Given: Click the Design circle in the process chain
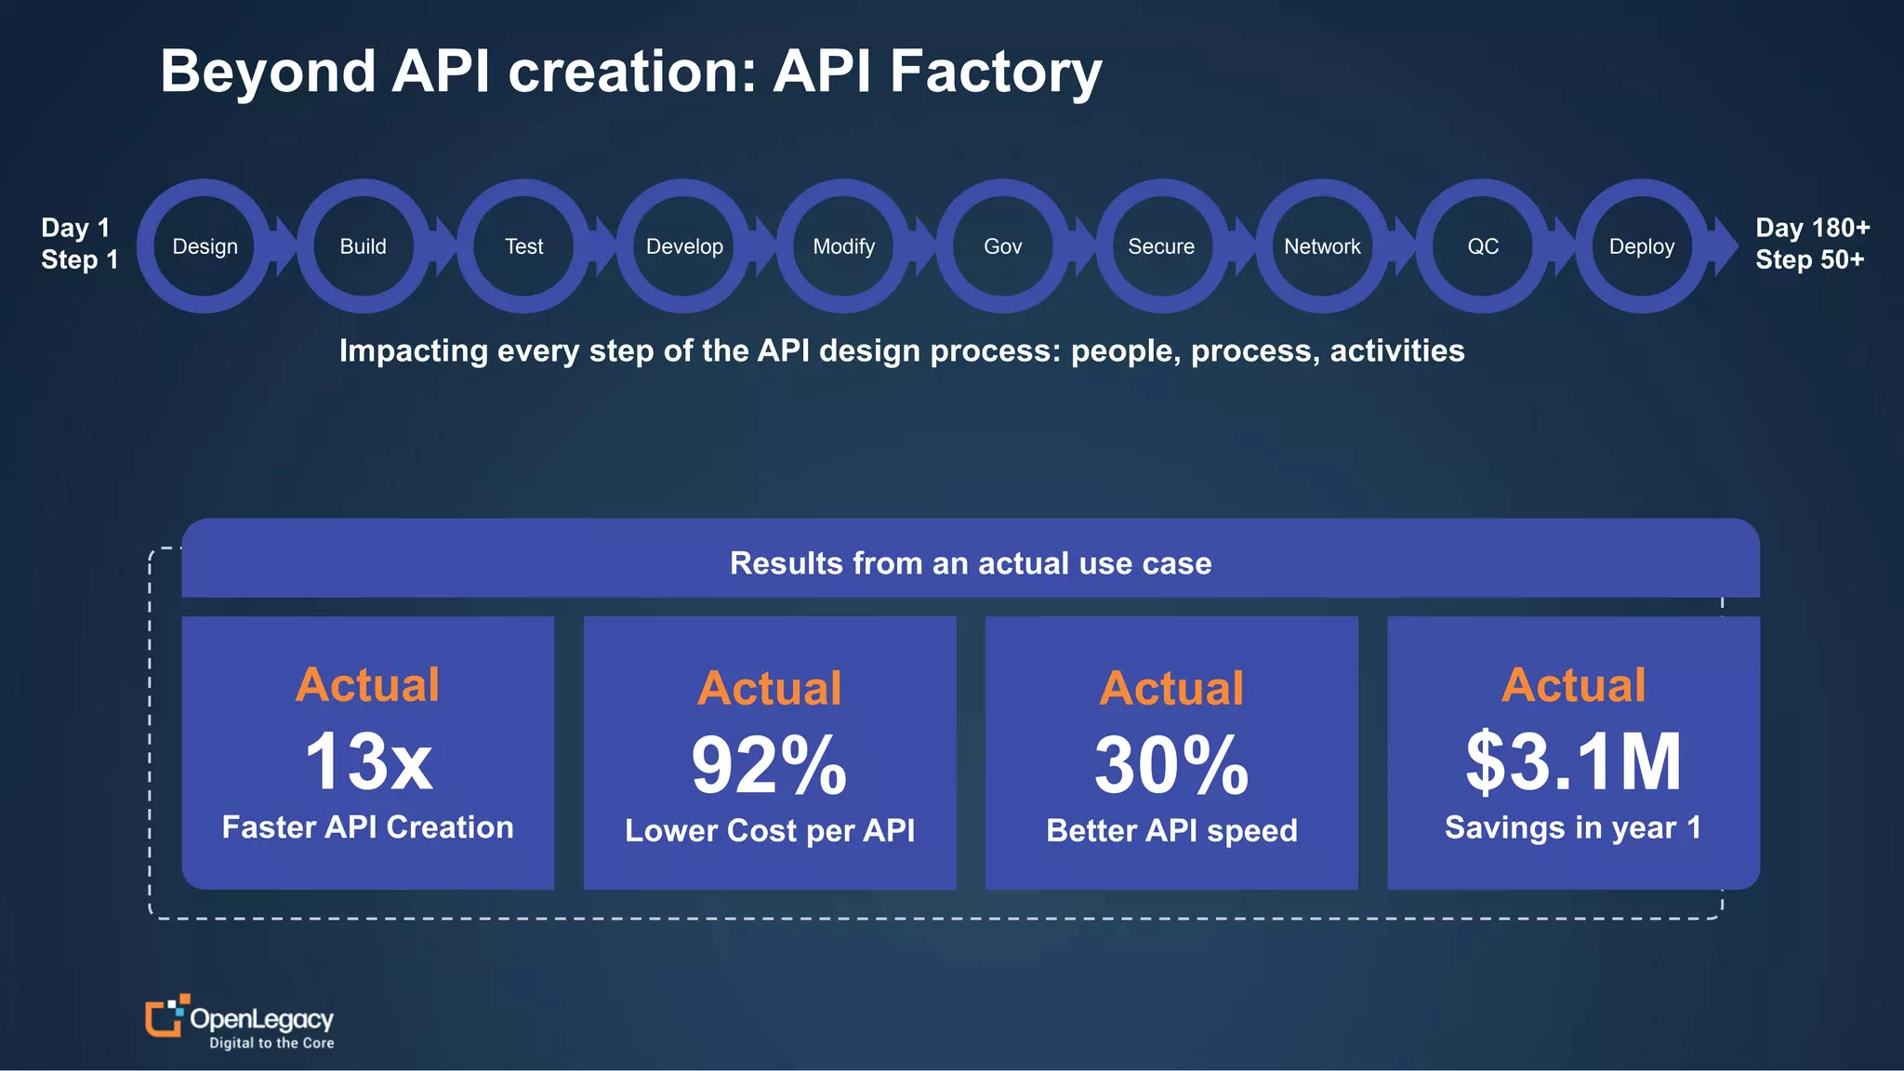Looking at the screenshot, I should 205,246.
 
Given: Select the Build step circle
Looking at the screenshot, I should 364,246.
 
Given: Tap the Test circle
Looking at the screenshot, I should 523,246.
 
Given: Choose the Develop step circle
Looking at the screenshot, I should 684,246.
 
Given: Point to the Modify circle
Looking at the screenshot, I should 844,246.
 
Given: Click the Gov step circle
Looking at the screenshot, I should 1003,246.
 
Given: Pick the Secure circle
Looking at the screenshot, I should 1162,246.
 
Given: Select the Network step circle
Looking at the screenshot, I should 1322,246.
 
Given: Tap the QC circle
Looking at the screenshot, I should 1483,246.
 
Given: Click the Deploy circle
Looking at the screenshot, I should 1642,246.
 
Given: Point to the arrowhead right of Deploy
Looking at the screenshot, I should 1725,246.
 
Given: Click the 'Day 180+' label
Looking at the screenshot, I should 1812,228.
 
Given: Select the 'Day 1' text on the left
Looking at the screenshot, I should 75,228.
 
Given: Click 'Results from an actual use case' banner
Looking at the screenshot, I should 971,562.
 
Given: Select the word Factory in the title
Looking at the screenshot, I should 996,72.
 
